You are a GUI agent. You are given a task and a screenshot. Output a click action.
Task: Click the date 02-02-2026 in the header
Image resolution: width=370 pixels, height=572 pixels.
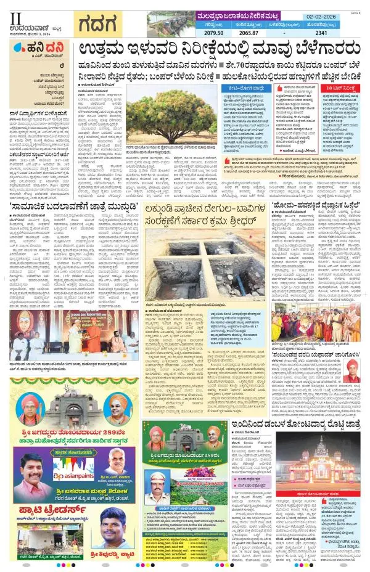(340, 20)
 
